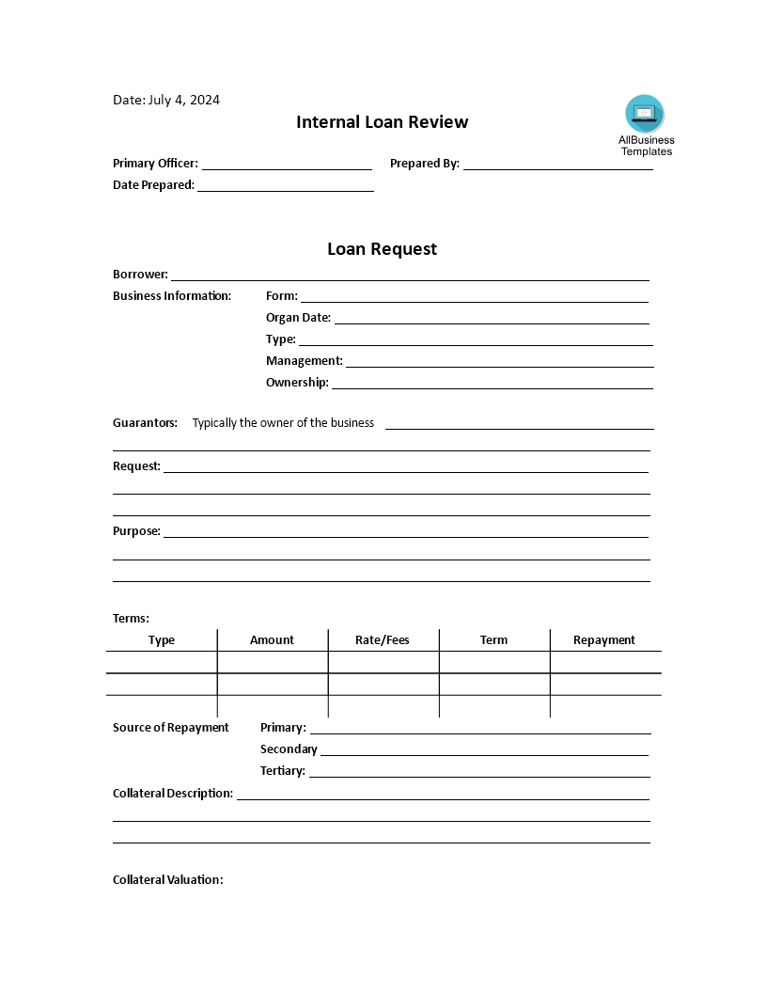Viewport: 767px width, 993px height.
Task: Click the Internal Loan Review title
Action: click(x=383, y=122)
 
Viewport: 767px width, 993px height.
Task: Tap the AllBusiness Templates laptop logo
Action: click(x=645, y=113)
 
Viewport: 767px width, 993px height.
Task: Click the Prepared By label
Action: click(x=425, y=164)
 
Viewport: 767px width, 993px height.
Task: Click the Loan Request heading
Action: click(x=382, y=249)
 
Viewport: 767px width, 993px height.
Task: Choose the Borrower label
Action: click(x=140, y=275)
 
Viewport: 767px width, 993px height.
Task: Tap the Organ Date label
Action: click(x=298, y=318)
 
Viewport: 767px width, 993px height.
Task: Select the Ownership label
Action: click(x=297, y=383)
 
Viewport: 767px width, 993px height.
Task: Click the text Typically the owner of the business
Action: click(x=283, y=423)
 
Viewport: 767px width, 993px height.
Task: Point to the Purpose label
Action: click(x=136, y=531)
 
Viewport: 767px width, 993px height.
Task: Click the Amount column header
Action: click(x=272, y=640)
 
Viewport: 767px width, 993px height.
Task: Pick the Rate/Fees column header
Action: click(x=383, y=640)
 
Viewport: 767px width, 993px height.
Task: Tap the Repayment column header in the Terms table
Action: click(x=604, y=640)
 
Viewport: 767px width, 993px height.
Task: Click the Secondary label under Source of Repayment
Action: click(x=289, y=749)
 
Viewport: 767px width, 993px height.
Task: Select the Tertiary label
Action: click(x=283, y=771)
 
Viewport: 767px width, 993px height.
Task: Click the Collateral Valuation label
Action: click(x=168, y=880)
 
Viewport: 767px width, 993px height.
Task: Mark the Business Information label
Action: click(x=172, y=296)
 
